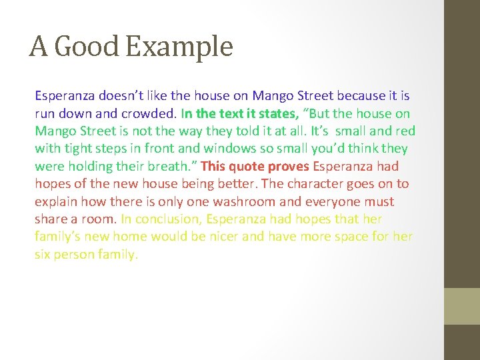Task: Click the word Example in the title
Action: pos(178,47)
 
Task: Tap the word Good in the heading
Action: pos(87,47)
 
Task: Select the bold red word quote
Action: pos(246,166)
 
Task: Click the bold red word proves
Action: pos(287,166)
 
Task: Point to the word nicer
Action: pos(225,237)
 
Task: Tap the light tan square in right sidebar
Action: pos(462,306)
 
